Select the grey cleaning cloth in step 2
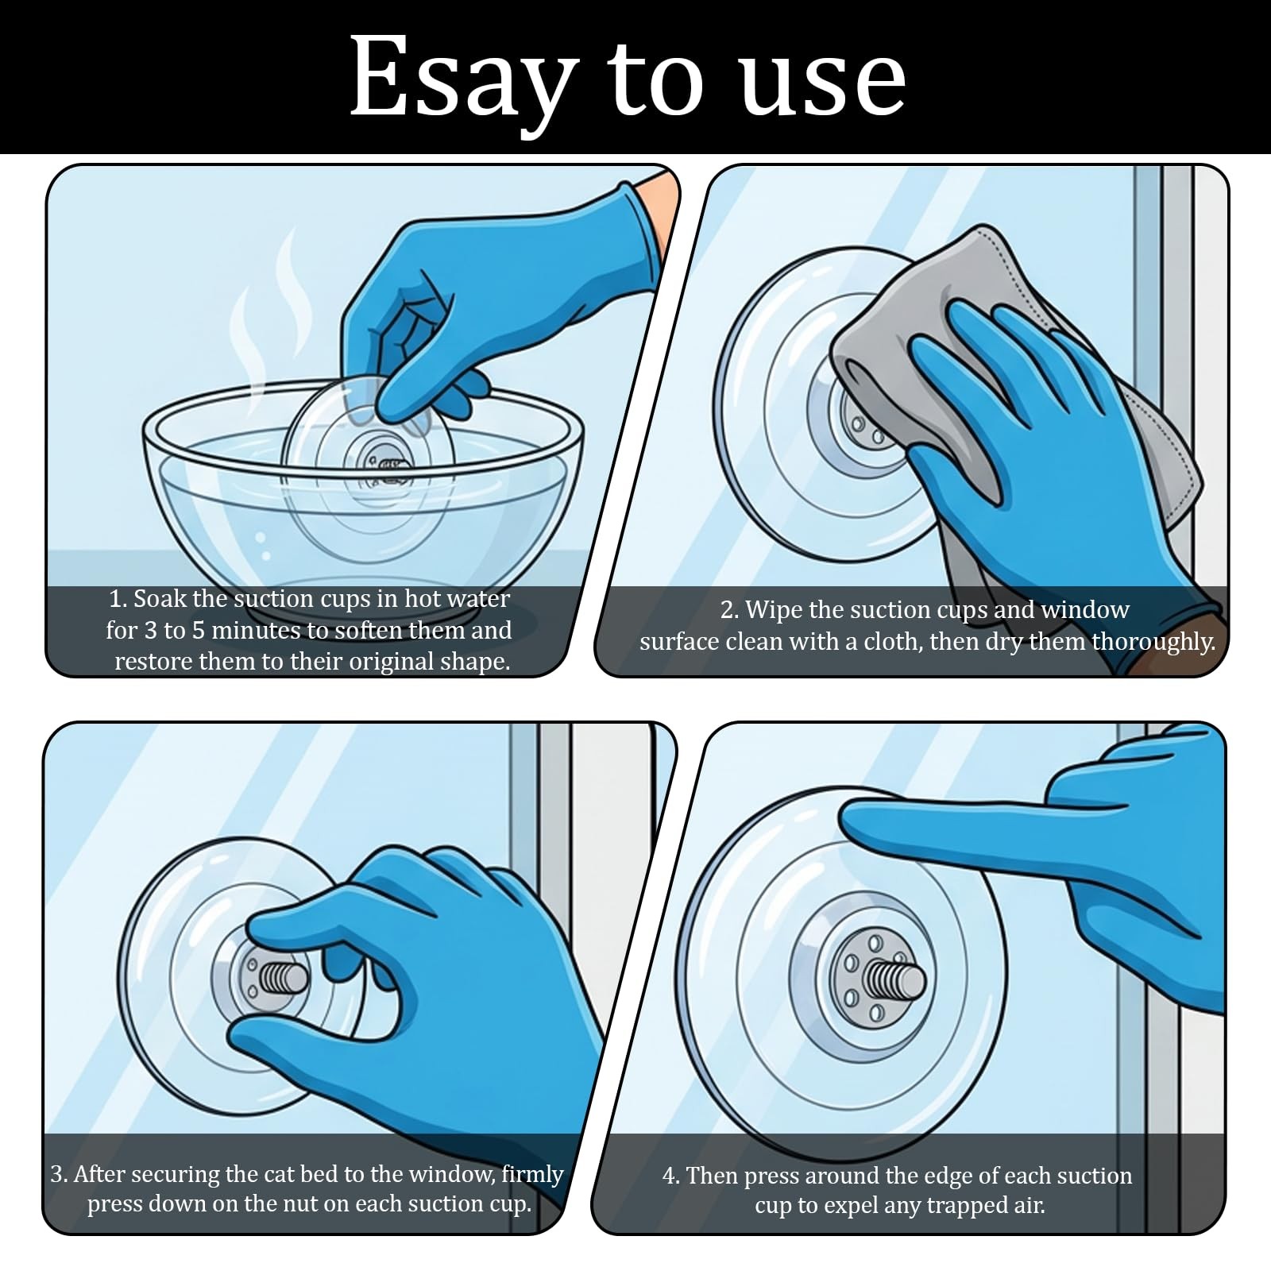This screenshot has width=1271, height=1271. (x=1009, y=397)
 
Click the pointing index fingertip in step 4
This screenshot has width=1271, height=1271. (x=854, y=820)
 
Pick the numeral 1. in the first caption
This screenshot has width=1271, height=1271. (x=118, y=598)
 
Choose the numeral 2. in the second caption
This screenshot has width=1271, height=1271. (x=730, y=610)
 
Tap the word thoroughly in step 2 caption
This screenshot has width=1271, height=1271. (x=1153, y=642)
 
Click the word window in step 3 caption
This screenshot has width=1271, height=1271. (x=450, y=1174)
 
